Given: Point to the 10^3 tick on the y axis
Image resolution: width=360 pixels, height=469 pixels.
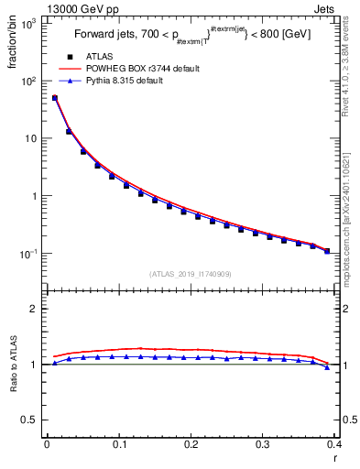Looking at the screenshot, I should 30,22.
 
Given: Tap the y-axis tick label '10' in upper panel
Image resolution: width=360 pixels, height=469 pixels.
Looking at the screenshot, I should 32,138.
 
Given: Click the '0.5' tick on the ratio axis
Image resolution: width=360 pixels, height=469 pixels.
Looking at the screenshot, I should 33,420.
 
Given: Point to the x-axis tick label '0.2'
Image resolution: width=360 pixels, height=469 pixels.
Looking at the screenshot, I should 191,445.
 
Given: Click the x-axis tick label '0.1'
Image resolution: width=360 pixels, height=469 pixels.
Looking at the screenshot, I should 118,445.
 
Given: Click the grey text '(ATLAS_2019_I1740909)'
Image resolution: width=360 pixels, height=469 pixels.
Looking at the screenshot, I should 190,274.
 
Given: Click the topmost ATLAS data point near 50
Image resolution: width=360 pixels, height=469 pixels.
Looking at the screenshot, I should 54,98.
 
